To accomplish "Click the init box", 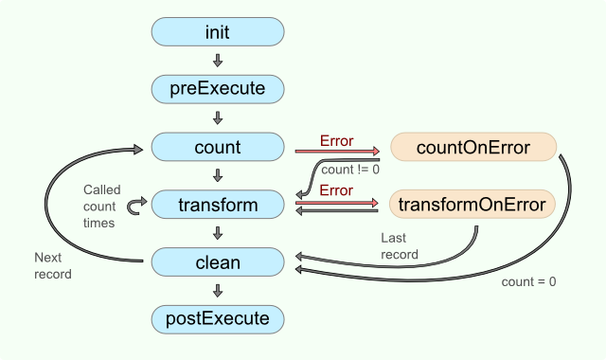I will [x=218, y=32].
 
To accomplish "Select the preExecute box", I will [x=218, y=89].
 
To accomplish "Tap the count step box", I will [x=218, y=147].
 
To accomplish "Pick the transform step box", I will [x=218, y=204].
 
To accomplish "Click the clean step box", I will [x=218, y=261].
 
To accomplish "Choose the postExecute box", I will [x=218, y=318].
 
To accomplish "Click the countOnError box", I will [x=472, y=147].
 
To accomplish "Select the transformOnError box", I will [x=472, y=204].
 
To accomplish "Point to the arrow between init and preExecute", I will [x=218, y=61].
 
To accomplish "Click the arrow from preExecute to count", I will [x=218, y=118].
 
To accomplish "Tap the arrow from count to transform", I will [x=218, y=175].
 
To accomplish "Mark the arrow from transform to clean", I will [x=218, y=232].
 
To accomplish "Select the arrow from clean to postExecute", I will [x=218, y=290].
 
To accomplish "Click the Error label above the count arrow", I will [x=336, y=141].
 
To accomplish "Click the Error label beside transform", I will [x=336, y=190].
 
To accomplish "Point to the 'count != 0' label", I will [x=350, y=170].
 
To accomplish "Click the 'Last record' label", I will [x=399, y=246].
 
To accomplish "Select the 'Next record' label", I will [x=52, y=265].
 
